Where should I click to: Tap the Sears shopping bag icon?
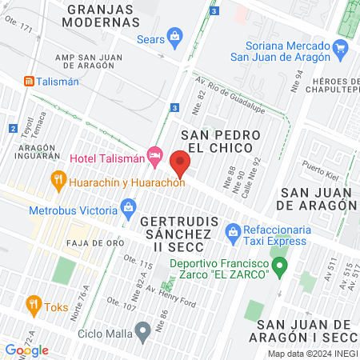click(176, 36)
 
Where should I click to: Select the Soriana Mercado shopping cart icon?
click(342, 48)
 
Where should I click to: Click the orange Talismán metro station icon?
click(29, 81)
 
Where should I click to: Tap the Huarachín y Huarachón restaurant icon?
click(58, 181)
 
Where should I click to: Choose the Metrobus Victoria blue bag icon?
click(129, 211)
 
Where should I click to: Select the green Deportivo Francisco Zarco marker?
click(280, 266)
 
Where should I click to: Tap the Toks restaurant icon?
click(33, 304)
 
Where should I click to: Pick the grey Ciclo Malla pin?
click(143, 330)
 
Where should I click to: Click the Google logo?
click(26, 350)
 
